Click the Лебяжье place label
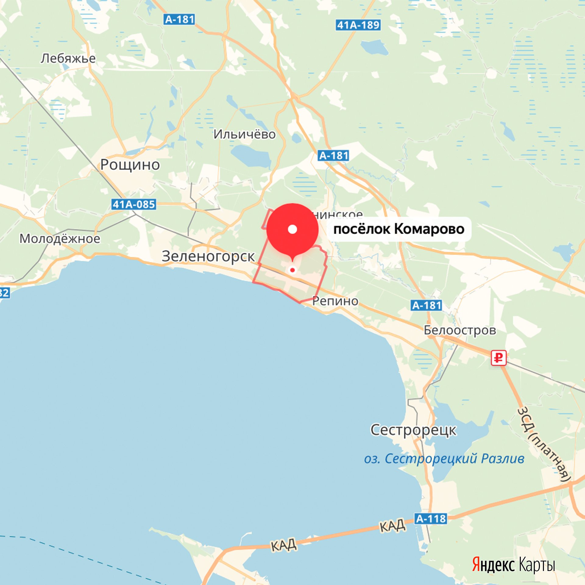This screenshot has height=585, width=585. (68, 58)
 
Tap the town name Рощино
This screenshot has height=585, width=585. (130, 165)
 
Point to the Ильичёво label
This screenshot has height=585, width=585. (244, 134)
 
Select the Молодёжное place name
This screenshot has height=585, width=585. (60, 239)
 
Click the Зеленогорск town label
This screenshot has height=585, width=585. (208, 256)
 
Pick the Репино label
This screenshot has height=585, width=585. (335, 301)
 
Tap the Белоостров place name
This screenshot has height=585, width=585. (460, 330)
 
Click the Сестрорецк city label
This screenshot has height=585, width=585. (413, 430)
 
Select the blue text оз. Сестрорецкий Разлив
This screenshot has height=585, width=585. (444, 459)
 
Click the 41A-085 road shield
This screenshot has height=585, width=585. (134, 204)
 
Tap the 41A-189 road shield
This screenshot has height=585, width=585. (358, 25)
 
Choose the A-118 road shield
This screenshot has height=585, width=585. (431, 518)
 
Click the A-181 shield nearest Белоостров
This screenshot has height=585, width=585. (427, 305)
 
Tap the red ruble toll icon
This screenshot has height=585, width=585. (498, 358)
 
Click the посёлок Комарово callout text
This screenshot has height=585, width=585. (399, 229)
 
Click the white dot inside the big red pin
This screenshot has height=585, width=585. (292, 229)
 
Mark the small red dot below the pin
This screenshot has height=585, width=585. (292, 270)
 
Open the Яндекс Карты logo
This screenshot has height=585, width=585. (513, 565)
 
